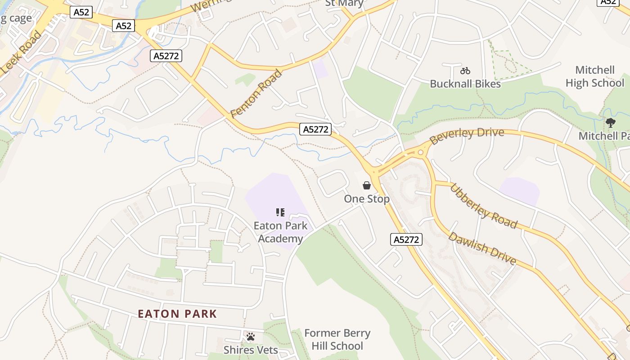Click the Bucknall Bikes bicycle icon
pyautogui.click(x=465, y=71)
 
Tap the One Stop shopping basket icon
pyautogui.click(x=367, y=185)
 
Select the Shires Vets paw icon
pyautogui.click(x=251, y=337)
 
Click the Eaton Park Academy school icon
pyautogui.click(x=280, y=212)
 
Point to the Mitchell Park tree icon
pyautogui.click(x=611, y=122)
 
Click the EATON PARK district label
pyautogui.click(x=177, y=314)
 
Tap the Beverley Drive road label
pyautogui.click(x=466, y=135)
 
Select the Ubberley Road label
pyautogui.click(x=483, y=206)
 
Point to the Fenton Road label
pyautogui.click(x=256, y=93)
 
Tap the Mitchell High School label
pyautogui.click(x=595, y=76)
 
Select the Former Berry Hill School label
pyautogui.click(x=337, y=339)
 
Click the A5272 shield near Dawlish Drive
pyautogui.click(x=406, y=240)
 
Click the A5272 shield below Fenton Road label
pyautogui.click(x=315, y=130)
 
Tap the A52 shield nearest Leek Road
pyautogui.click(x=81, y=12)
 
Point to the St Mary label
pyautogui.click(x=344, y=4)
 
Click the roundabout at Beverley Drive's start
pyautogui.click(x=421, y=153)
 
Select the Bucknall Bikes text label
pyautogui.click(x=465, y=84)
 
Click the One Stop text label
pyautogui.click(x=367, y=199)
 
